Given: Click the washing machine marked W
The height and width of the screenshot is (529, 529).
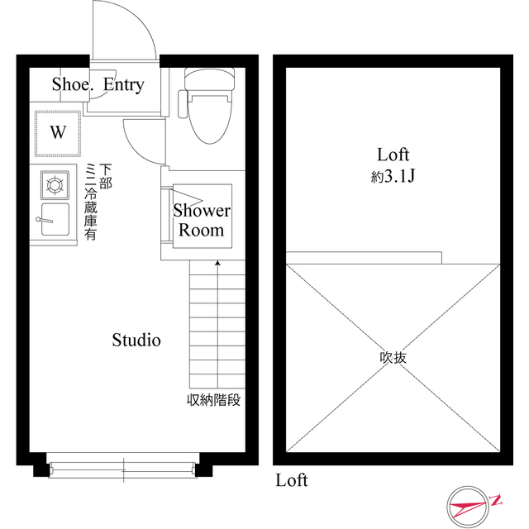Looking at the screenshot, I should (58, 132).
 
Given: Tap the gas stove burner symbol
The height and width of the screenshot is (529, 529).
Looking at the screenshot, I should (56, 183).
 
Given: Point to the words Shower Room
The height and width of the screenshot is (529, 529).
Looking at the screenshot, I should (202, 220).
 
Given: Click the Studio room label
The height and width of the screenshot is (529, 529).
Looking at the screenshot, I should (136, 340).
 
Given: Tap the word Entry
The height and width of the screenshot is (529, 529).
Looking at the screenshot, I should (123, 84).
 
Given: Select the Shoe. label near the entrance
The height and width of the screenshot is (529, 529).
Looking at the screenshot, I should (73, 84).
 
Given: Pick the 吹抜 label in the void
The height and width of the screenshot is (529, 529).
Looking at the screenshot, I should (393, 359).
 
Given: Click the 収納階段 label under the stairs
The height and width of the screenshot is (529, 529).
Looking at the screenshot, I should (213, 401).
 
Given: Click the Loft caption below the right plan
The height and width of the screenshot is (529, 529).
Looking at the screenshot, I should (292, 480).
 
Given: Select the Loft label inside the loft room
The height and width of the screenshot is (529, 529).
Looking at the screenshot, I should (393, 155).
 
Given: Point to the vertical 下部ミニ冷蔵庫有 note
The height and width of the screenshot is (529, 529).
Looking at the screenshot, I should (98, 203).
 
